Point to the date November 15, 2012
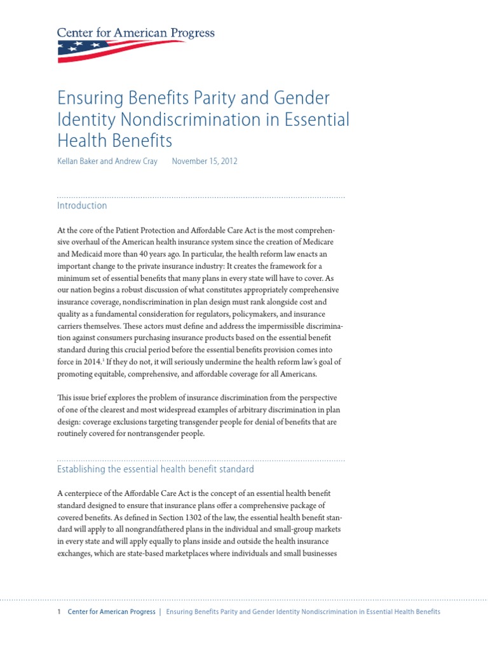click(205, 161)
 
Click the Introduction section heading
click(82, 206)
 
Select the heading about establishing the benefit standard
click(156, 469)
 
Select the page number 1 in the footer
click(59, 612)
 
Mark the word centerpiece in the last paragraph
click(90, 494)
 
